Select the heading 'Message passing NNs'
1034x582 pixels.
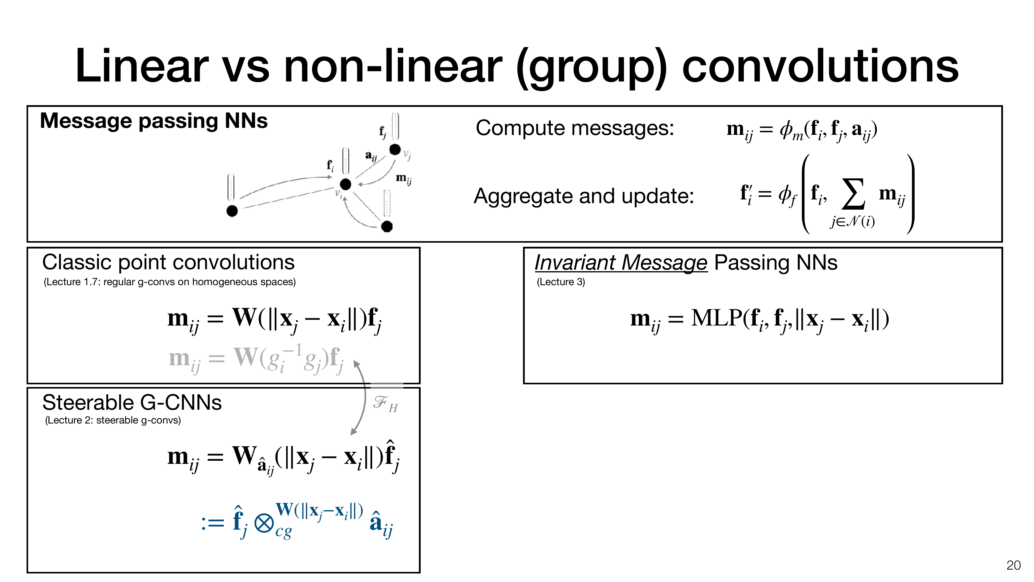(154, 121)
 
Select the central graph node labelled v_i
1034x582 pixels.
(345, 184)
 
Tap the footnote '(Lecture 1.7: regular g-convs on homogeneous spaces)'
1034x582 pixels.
(169, 282)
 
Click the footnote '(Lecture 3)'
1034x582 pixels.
(561, 282)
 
